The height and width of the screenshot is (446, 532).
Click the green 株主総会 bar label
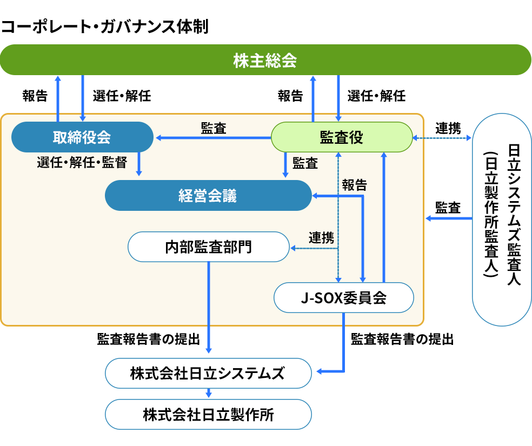coord(265,60)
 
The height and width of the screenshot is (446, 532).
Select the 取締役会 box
coord(82,137)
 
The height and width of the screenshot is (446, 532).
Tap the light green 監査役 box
coord(341,137)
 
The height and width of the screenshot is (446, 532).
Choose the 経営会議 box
coord(208,196)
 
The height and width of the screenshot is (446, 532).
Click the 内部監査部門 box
coord(208,247)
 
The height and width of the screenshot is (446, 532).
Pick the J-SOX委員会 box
coord(343,298)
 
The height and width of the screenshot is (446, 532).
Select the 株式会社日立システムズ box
coord(208,373)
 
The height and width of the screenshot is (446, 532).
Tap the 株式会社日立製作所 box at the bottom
coord(208,415)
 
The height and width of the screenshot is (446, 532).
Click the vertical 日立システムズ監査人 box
coord(501,219)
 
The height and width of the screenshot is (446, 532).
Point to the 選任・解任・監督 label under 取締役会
coord(82,162)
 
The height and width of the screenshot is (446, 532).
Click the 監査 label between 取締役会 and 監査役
coord(214,128)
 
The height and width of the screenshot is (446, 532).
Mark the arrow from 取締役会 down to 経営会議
coord(139,163)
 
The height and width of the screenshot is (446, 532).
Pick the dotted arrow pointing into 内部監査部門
coord(314,248)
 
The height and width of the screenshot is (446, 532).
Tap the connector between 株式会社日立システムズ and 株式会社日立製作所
coord(208,394)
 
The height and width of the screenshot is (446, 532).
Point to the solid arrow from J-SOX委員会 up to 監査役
coord(384,216)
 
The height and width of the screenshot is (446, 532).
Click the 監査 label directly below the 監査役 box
coord(305,163)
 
